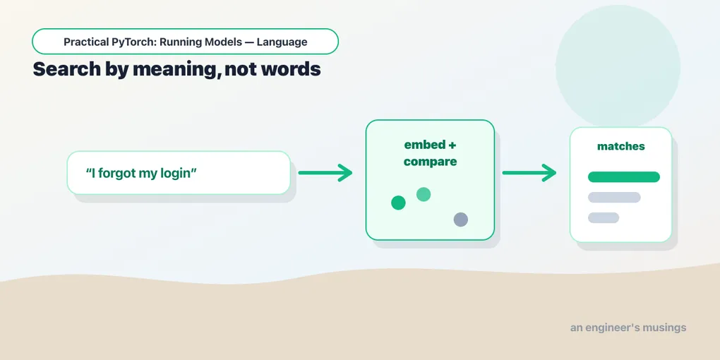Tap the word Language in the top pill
point(282,42)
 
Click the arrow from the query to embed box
point(325,173)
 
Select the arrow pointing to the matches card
point(529,173)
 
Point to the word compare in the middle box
point(431,162)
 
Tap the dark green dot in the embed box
point(398,203)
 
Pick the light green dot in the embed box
point(424,194)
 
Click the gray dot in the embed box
point(460,220)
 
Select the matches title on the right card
point(620,147)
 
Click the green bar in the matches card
point(623,176)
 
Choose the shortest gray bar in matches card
point(604,217)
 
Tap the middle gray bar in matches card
point(614,198)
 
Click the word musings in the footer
point(664,328)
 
